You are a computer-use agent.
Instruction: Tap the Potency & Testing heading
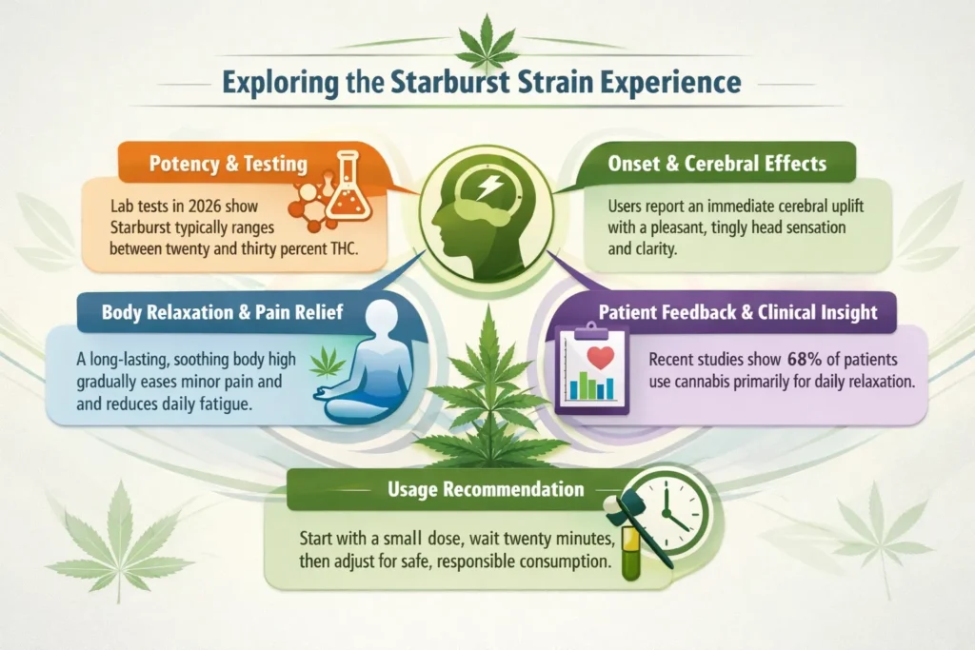click(229, 164)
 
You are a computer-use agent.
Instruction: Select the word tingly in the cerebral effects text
click(704, 229)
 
